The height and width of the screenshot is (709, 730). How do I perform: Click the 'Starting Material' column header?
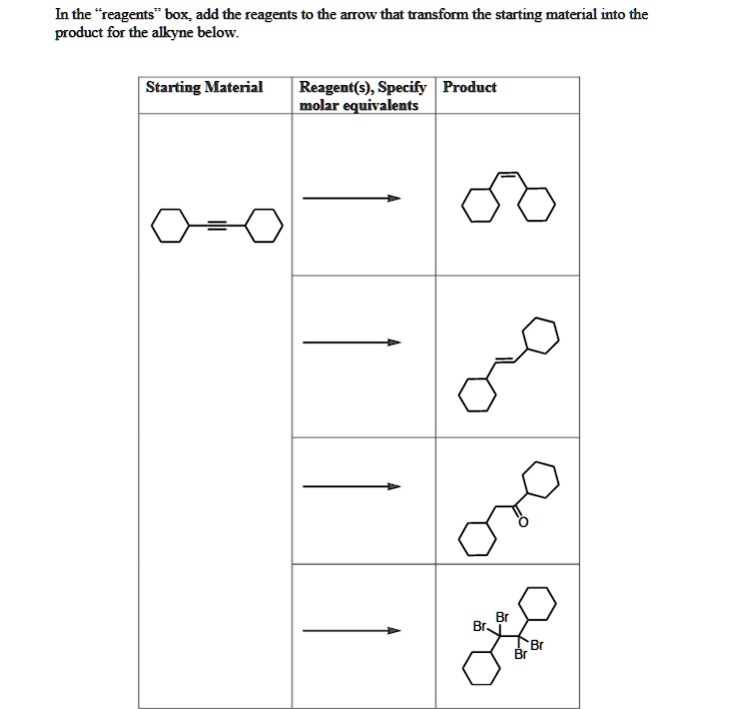204,88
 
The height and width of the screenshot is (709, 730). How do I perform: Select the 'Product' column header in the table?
469,88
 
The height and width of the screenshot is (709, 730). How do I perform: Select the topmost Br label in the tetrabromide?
501,616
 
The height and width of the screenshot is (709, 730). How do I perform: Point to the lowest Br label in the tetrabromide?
519,655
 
